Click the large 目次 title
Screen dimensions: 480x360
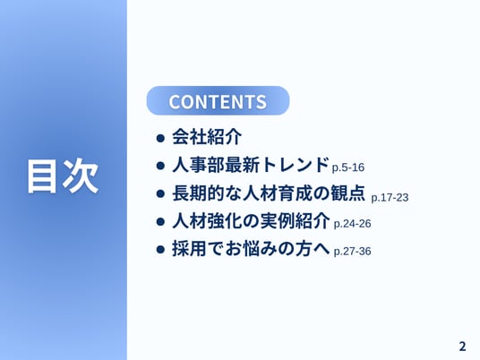63,176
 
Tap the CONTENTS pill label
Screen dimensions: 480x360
218,101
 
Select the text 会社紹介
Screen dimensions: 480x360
207,137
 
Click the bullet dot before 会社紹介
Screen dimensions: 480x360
160,138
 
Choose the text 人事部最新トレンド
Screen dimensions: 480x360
251,165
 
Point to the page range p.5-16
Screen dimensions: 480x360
348,167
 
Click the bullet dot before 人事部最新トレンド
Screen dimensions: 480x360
160,166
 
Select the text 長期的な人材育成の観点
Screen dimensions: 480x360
269,193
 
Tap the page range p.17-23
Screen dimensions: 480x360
390,197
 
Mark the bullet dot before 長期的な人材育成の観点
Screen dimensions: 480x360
160,193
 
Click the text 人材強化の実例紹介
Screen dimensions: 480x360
251,220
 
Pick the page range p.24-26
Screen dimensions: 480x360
352,224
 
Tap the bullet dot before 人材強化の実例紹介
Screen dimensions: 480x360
160,221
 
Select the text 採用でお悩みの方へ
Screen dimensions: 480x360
251,248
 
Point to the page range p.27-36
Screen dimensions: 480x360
352,252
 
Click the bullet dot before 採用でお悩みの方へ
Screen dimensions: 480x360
160,249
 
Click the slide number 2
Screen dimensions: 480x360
462,347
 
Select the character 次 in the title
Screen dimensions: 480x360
81,176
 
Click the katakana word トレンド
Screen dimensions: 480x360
295,165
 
